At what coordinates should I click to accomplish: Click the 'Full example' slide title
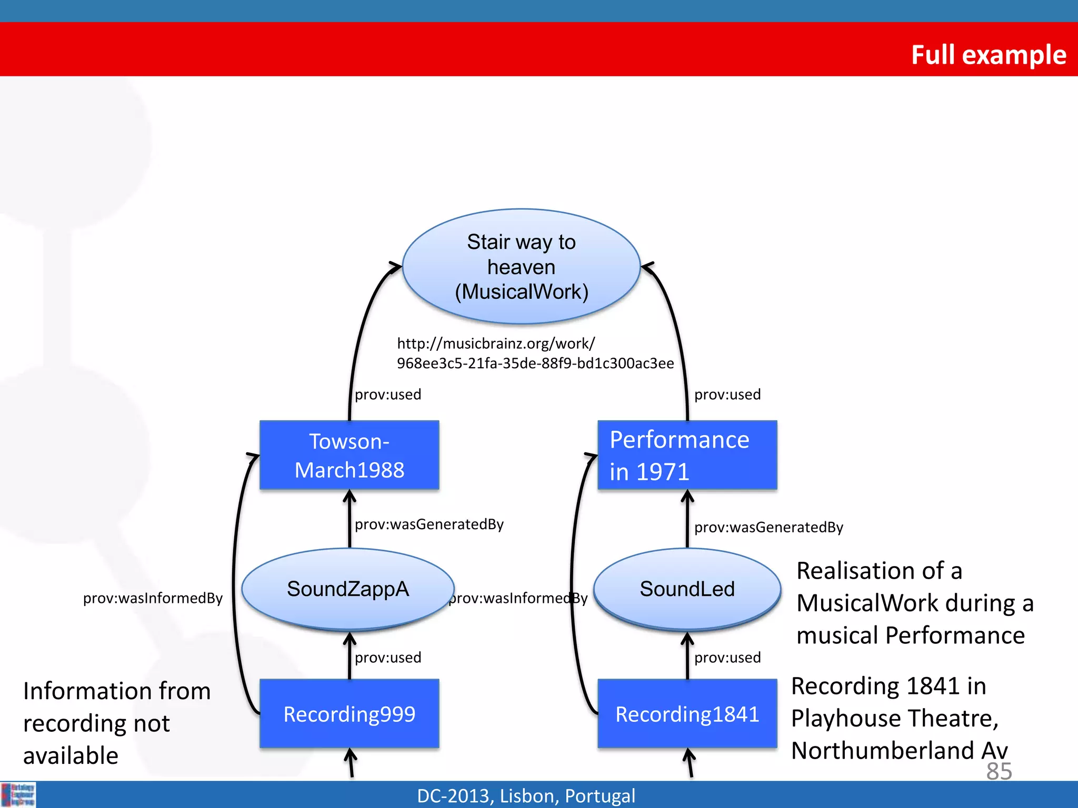tap(988, 55)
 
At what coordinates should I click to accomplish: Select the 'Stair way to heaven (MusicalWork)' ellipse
tap(521, 267)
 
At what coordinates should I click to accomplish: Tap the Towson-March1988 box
tap(350, 456)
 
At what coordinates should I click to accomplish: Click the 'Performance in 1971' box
tap(687, 456)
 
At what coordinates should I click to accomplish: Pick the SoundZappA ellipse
tap(348, 589)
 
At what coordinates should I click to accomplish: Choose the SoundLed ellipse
tap(687, 589)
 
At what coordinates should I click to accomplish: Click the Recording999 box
tap(350, 714)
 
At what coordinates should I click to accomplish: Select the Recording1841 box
tap(687, 714)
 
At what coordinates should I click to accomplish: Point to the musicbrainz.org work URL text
tap(535, 353)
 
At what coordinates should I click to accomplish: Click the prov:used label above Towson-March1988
tap(388, 395)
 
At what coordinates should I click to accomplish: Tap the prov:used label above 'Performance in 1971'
tap(727, 395)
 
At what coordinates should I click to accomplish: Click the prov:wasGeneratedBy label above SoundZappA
tap(429, 524)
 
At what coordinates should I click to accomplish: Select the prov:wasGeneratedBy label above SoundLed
tap(768, 527)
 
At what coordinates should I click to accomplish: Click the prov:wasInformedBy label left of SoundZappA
tap(153, 598)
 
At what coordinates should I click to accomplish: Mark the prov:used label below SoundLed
tap(727, 658)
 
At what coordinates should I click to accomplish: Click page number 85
tap(999, 771)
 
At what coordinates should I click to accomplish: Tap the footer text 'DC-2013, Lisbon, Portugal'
tap(526, 796)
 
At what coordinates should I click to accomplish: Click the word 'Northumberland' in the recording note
tap(882, 751)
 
